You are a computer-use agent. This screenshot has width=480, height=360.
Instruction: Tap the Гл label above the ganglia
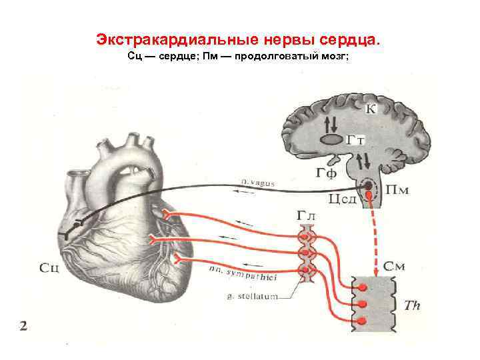(307, 217)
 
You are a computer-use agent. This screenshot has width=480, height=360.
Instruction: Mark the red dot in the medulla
(367, 185)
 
